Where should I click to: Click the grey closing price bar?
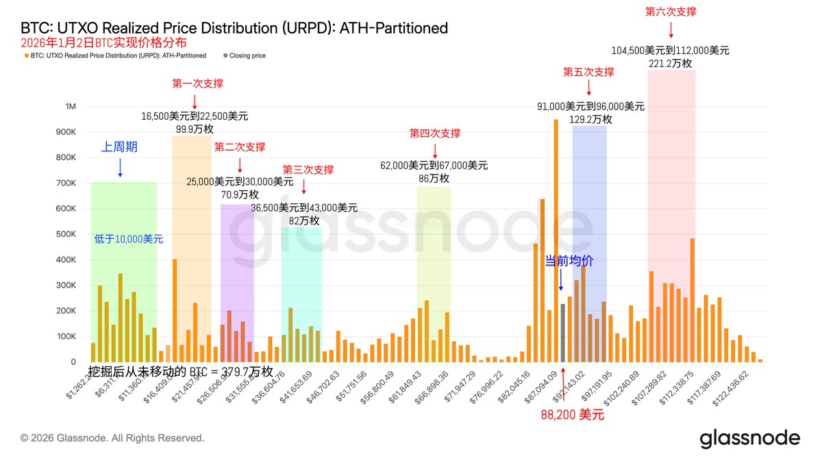point(562,333)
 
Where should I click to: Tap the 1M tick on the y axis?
point(71,107)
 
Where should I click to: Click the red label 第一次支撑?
point(197,84)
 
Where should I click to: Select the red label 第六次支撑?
point(671,12)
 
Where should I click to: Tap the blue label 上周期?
point(121,146)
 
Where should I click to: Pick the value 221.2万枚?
point(670,63)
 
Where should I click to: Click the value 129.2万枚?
point(590,119)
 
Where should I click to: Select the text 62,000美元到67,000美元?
point(434,165)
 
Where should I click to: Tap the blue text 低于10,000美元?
point(129,240)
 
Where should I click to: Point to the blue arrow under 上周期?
point(121,167)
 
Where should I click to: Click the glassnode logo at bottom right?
point(749,439)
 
